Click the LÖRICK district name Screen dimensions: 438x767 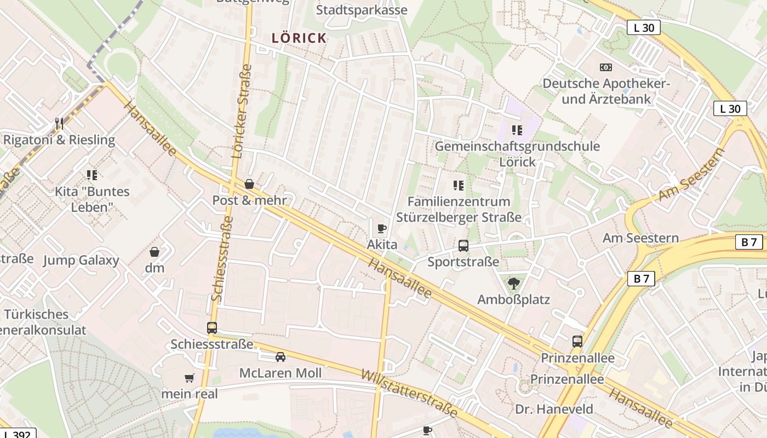[x=300, y=38]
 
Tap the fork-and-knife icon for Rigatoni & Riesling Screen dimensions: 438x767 [x=59, y=123]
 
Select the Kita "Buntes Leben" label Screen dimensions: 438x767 [x=92, y=199]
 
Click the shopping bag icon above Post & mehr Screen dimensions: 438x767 [x=249, y=184]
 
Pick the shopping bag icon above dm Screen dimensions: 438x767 [x=154, y=252]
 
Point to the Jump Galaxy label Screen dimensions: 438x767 [x=81, y=260]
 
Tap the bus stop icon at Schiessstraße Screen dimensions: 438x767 [x=212, y=328]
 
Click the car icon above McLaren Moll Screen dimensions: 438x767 [x=281, y=357]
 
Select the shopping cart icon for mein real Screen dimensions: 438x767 [x=190, y=378]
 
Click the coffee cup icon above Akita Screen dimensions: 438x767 [x=382, y=228]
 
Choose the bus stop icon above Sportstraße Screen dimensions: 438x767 [x=463, y=246]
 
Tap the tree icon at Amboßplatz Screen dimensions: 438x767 [x=513, y=283]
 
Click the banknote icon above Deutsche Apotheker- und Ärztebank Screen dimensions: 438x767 [x=605, y=67]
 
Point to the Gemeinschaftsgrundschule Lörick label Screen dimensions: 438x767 [x=517, y=154]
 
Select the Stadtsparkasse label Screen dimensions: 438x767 [x=362, y=10]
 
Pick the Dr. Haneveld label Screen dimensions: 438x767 [x=554, y=409]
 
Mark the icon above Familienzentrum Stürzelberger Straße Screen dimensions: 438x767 [x=459, y=186]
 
